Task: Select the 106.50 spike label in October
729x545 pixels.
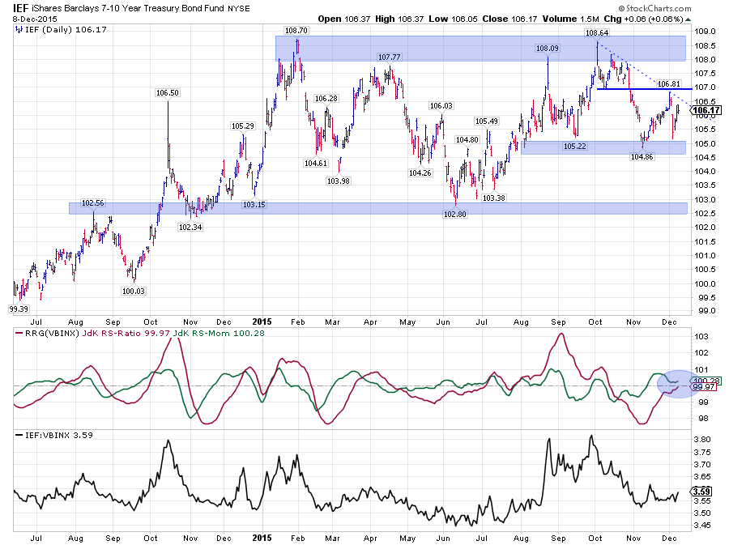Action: tap(167, 93)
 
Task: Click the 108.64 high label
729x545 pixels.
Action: tap(597, 33)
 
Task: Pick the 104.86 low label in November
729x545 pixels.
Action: tap(642, 157)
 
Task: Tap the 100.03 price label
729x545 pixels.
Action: tap(133, 291)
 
